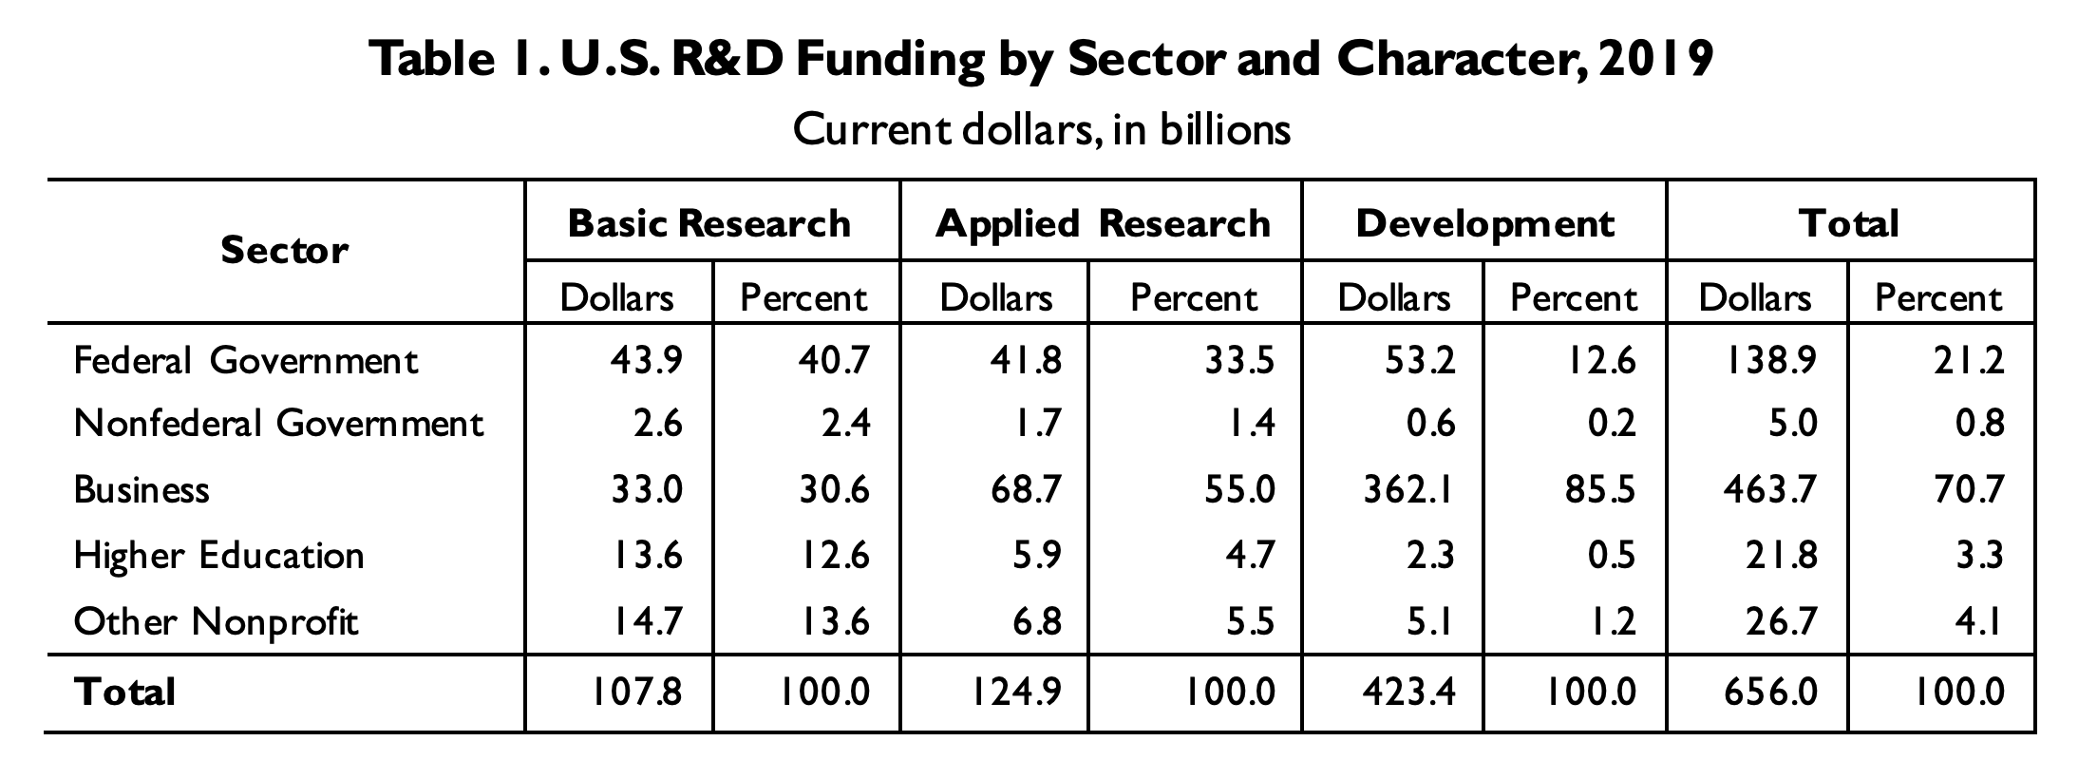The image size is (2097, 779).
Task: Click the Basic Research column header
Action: pos(709,223)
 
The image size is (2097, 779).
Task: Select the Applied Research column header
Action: pos(1103,224)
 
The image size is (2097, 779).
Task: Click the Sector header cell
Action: pos(284,250)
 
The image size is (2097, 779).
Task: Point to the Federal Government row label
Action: pos(246,360)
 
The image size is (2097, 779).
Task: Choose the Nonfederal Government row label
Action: pos(278,423)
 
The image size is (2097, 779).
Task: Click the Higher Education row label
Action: pos(218,555)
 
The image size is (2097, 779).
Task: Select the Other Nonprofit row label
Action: pos(217,621)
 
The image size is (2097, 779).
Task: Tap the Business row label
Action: pos(142,489)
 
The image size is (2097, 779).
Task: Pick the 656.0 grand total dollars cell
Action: pos(1770,691)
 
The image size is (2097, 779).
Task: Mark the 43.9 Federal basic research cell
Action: pos(646,360)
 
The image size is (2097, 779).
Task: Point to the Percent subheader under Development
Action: pos(1574,297)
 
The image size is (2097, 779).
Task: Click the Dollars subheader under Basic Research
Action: pos(616,297)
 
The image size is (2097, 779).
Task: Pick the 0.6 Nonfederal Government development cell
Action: pos(1430,423)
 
